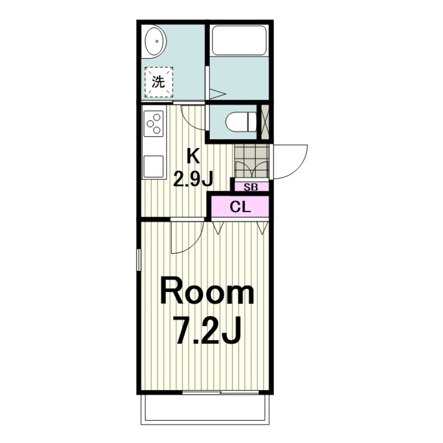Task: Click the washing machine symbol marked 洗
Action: coord(159,82)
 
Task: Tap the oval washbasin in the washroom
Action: coord(155,42)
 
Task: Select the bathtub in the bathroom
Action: coord(239,40)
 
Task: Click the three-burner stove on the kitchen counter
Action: coord(153,123)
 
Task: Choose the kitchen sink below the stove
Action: coord(153,167)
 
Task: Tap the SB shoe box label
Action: coord(251,187)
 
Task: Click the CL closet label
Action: coord(240,207)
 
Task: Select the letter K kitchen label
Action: coord(193,156)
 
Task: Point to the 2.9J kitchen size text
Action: coord(193,179)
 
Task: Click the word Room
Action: coord(207,294)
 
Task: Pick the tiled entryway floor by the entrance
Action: coord(251,161)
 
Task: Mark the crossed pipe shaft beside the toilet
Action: coord(265,122)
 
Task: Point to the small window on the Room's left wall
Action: coord(138,260)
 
